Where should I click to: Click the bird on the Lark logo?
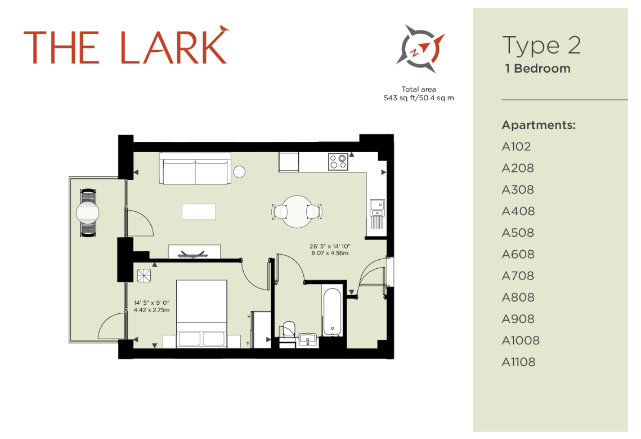tap(223, 28)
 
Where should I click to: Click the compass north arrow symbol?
tap(420, 48)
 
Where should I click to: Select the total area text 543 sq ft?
tap(398, 98)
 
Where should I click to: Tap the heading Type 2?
tap(541, 46)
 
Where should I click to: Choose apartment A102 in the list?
tap(516, 147)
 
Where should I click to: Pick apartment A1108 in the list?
tap(518, 362)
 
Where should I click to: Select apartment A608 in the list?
tap(518, 254)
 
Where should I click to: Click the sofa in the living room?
tap(195, 168)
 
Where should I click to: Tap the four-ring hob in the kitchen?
tap(338, 161)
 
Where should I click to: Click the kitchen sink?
tap(377, 207)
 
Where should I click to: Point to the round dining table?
tap(297, 212)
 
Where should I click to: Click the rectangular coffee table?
tap(199, 212)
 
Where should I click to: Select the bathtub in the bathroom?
tap(332, 312)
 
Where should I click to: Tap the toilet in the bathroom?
tap(289, 330)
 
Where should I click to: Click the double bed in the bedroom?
tap(201, 314)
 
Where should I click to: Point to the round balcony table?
tap(88, 213)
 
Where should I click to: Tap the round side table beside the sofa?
tap(239, 171)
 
